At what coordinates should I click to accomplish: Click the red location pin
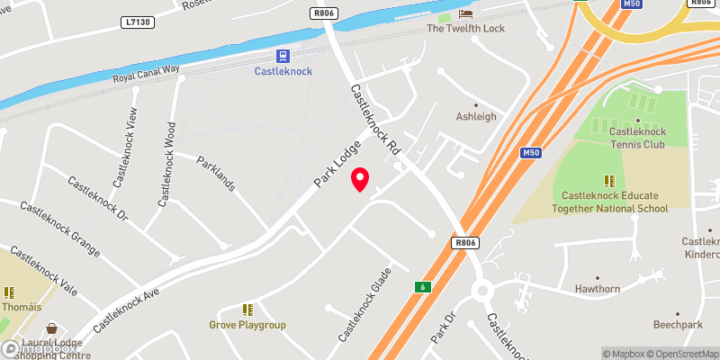360,179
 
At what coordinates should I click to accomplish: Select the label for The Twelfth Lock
465,29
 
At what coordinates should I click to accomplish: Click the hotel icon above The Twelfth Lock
465,13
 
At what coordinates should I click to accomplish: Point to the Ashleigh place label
476,117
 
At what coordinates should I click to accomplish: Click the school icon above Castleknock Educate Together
609,180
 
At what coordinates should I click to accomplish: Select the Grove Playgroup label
247,324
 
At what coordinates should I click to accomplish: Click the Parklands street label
217,174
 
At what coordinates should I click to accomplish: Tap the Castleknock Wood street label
166,165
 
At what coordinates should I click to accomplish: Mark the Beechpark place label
679,322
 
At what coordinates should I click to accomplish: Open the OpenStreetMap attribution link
679,353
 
